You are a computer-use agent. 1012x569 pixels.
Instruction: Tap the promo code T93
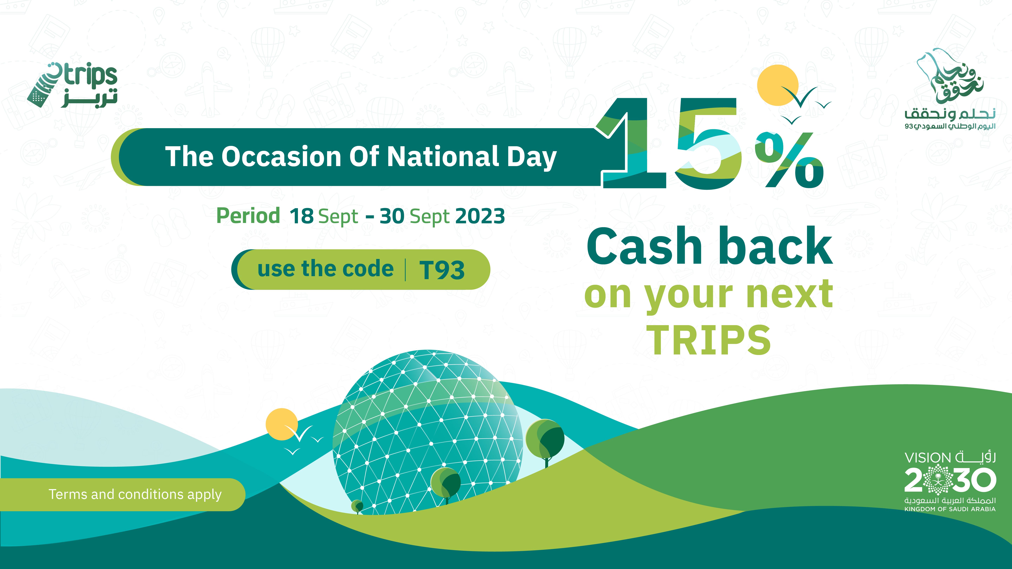(x=442, y=270)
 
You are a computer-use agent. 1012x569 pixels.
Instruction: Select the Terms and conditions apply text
(x=135, y=494)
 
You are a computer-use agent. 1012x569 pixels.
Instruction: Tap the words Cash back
(x=710, y=246)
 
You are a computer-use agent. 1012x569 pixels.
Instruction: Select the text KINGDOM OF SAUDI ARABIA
(x=950, y=509)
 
